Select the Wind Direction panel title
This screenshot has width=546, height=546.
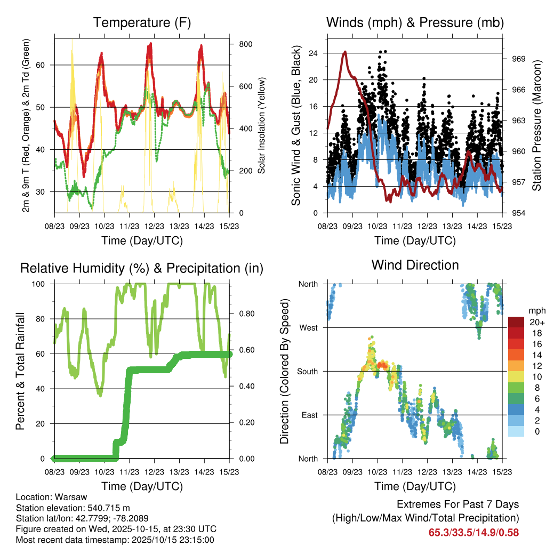click(415, 265)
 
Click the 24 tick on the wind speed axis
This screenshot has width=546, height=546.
click(313, 53)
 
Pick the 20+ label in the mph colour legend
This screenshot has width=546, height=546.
click(536, 322)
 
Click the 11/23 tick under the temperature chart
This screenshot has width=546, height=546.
click(130, 227)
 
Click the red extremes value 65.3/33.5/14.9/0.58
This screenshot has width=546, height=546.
click(473, 532)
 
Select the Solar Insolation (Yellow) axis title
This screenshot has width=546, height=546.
click(262, 126)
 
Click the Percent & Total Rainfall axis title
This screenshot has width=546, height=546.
click(20, 371)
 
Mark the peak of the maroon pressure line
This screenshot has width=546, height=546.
click(346, 52)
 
